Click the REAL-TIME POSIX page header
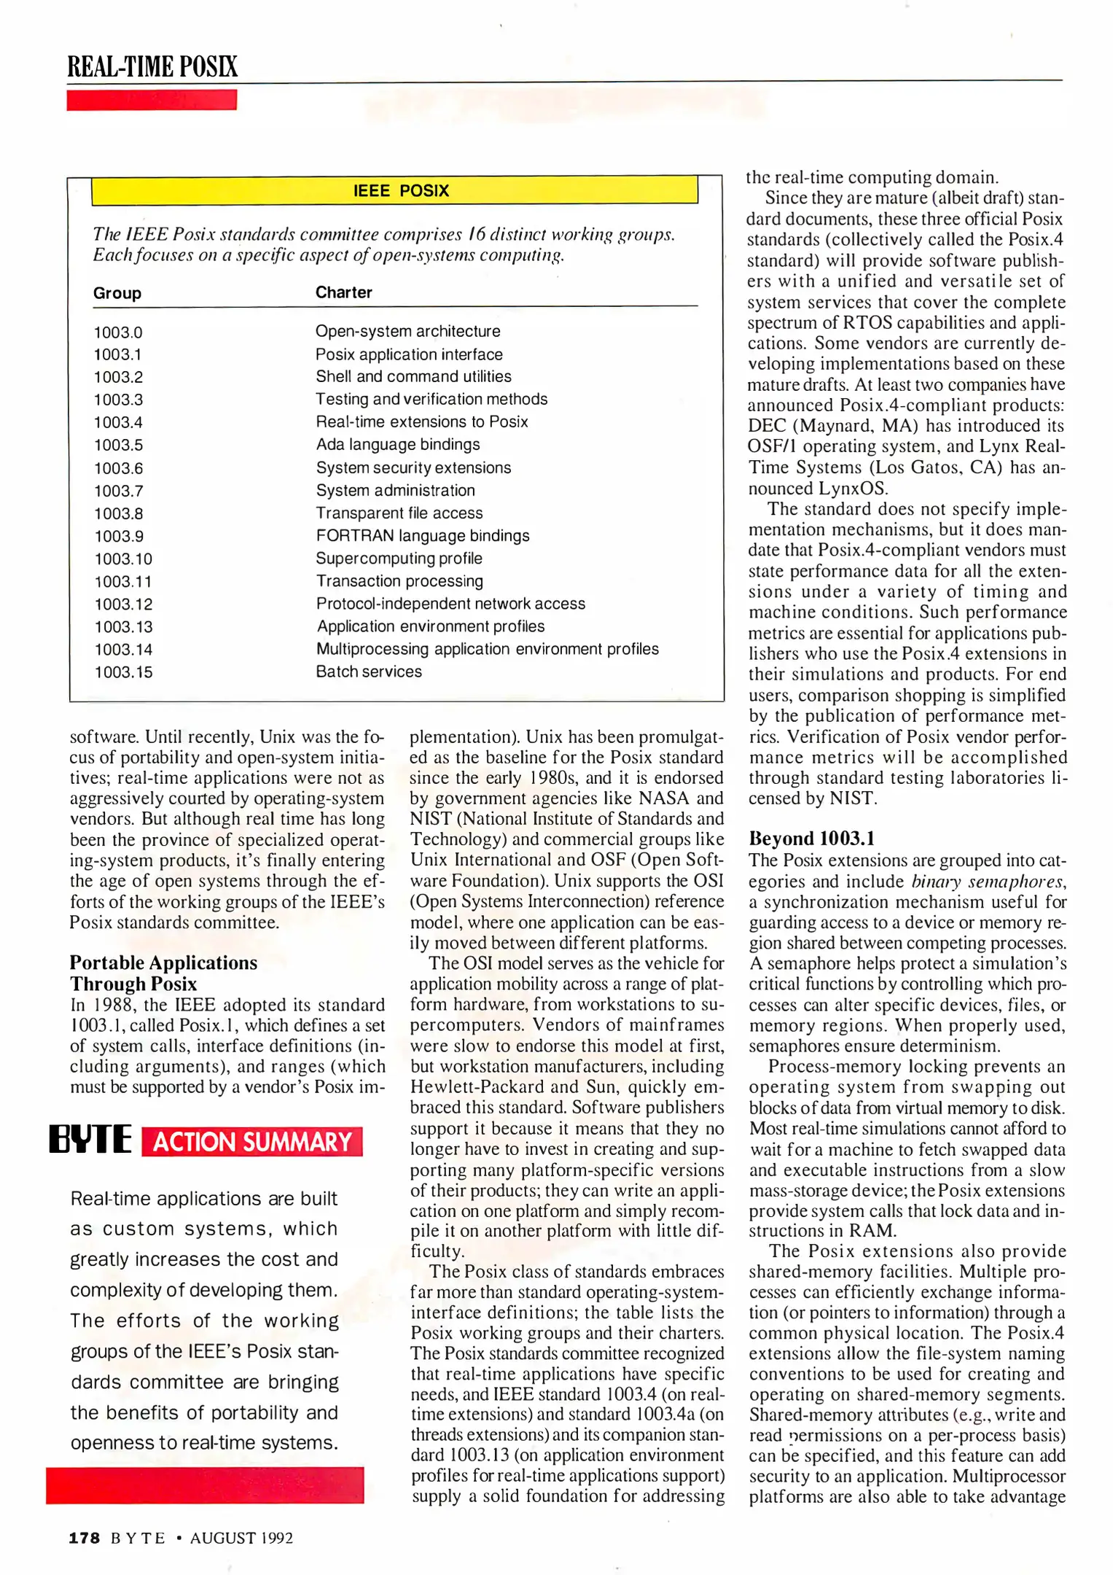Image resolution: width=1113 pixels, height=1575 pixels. click(x=152, y=66)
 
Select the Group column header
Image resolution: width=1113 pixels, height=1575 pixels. click(x=117, y=293)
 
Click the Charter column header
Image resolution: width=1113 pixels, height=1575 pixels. click(x=343, y=292)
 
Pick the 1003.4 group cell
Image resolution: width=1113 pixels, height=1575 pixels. click(x=118, y=422)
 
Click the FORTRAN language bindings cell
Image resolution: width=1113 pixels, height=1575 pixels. click(x=422, y=536)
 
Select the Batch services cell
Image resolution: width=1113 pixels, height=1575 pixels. click(x=368, y=672)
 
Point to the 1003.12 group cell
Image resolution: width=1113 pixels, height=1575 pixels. click(x=123, y=604)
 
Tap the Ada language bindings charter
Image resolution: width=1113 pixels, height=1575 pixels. click(x=397, y=445)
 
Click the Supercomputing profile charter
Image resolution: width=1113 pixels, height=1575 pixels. click(x=399, y=559)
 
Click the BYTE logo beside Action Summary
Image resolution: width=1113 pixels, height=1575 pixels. click(x=90, y=1140)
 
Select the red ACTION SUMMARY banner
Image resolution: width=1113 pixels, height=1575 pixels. click(x=251, y=1142)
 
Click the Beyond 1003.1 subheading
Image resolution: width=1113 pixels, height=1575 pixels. click(x=811, y=839)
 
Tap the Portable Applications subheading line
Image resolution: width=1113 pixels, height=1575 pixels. click(x=163, y=962)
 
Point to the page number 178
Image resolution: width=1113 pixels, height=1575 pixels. click(x=84, y=1538)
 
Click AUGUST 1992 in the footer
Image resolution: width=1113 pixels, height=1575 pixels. click(x=241, y=1538)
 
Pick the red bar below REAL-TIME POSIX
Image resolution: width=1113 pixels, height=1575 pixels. click(x=152, y=100)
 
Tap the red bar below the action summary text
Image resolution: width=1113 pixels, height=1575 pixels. click(x=205, y=1485)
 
